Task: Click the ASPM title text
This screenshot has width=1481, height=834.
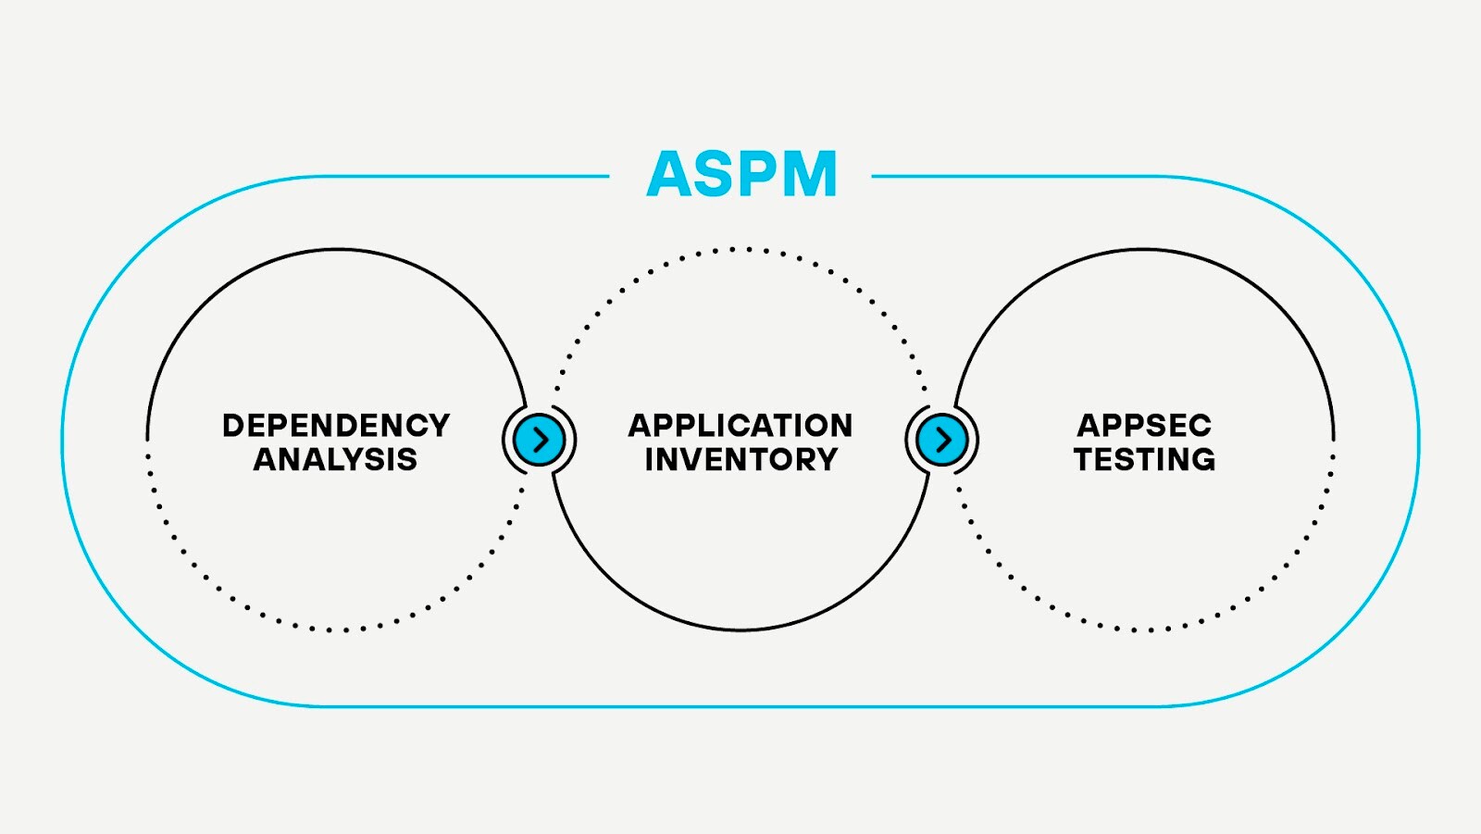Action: pyautogui.click(x=742, y=174)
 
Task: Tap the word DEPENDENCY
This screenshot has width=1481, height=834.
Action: pyautogui.click(x=336, y=426)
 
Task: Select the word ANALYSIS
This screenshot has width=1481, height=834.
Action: pyautogui.click(x=335, y=459)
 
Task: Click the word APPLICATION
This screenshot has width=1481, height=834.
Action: pyautogui.click(x=740, y=426)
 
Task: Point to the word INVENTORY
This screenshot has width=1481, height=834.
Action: pyautogui.click(x=740, y=459)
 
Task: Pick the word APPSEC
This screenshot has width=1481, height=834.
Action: pyautogui.click(x=1144, y=426)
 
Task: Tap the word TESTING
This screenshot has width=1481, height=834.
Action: pyautogui.click(x=1144, y=459)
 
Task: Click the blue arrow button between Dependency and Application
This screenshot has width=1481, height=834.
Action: pyautogui.click(x=540, y=440)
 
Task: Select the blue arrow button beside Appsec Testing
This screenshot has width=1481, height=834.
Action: pyautogui.click(x=942, y=440)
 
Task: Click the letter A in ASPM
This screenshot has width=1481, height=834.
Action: pyautogui.click(x=670, y=175)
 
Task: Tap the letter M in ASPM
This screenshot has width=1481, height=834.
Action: pyautogui.click(x=805, y=175)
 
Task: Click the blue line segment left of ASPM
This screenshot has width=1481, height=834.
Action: pyautogui.click(x=463, y=176)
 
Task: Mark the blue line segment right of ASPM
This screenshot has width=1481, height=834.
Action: pyautogui.click(x=1018, y=176)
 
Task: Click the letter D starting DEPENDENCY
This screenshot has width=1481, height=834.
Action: pyautogui.click(x=233, y=426)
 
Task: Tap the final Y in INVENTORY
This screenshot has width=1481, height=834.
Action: pyautogui.click(x=826, y=459)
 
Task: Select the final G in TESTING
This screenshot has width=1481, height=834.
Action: pyautogui.click(x=1201, y=459)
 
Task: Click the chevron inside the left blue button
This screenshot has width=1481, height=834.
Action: pyautogui.click(x=541, y=440)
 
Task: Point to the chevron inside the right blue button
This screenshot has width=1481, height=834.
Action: pyautogui.click(x=944, y=440)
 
